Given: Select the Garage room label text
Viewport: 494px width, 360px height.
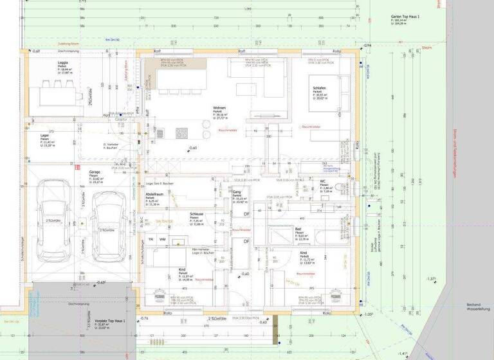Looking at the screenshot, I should (x=95, y=172).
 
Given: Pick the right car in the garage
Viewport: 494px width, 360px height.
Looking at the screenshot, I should (x=106, y=224).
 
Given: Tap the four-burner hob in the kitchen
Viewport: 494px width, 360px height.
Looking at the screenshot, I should (x=182, y=133).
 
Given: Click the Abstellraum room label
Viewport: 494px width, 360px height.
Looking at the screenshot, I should (x=153, y=193).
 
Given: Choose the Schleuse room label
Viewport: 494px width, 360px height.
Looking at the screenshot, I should (x=197, y=214).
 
